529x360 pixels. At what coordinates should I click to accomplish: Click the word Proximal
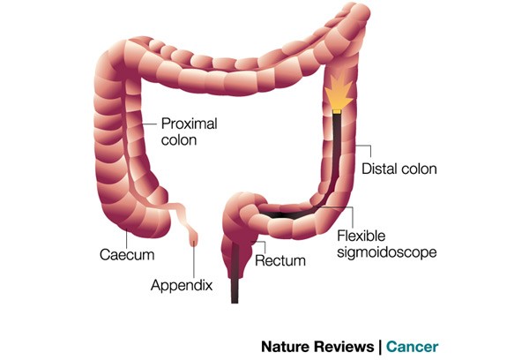point(189,124)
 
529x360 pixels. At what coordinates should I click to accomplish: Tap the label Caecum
point(127,255)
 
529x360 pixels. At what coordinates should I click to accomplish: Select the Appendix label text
point(182,286)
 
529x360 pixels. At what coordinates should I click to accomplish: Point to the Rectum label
point(280,260)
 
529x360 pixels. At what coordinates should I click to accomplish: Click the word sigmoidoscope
point(387,252)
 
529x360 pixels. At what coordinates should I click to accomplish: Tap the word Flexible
point(361,236)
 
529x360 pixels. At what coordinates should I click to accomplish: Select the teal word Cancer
point(412,347)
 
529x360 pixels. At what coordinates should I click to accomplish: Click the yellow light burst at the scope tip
point(339,91)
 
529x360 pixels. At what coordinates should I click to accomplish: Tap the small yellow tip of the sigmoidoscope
point(337,111)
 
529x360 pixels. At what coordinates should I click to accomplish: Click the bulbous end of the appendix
point(194,238)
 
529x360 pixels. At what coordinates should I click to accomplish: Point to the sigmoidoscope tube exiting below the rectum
point(235,290)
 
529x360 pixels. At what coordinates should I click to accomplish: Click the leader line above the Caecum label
point(126,238)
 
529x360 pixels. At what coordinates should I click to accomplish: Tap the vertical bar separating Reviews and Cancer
point(380,347)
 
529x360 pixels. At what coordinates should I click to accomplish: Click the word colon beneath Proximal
point(179,140)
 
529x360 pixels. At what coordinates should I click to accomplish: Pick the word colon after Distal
point(420,169)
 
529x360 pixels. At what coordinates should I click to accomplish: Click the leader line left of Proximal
point(149,124)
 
